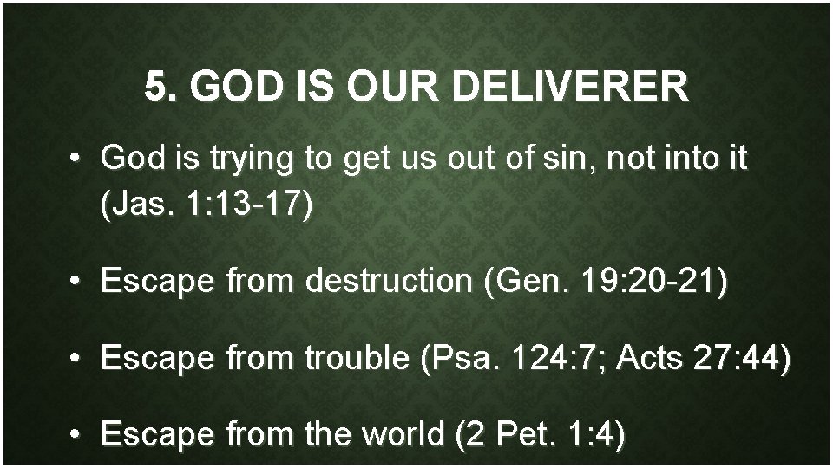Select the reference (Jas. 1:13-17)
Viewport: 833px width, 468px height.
tap(205, 208)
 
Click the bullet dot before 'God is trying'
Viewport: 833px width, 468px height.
tap(77, 160)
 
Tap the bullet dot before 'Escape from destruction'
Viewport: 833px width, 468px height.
tap(77, 282)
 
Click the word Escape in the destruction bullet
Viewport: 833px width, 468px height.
tap(159, 281)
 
